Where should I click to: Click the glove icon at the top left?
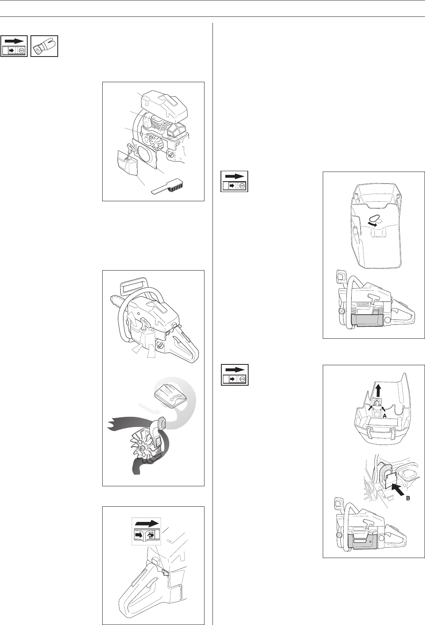point(44,47)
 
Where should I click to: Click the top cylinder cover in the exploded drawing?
point(164,104)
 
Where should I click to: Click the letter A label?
point(385,423)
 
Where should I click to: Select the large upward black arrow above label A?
point(378,392)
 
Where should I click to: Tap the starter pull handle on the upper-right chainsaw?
point(373,299)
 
